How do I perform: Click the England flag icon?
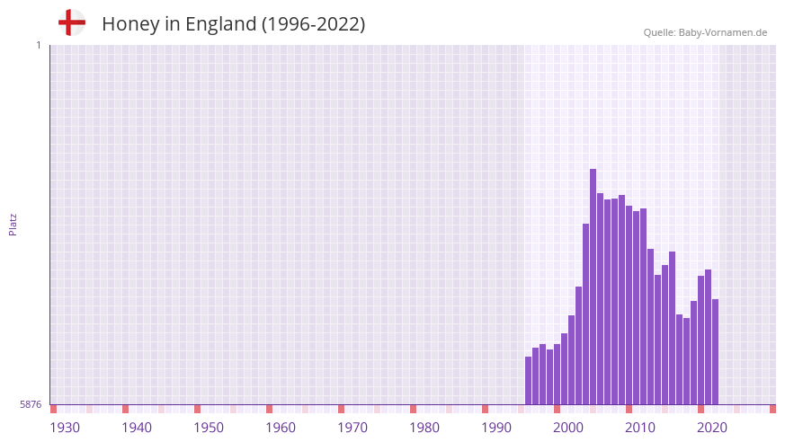[x=72, y=23]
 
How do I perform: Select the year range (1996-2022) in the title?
[x=313, y=24]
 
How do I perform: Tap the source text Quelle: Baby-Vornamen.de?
[x=705, y=32]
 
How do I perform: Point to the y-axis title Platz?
[x=13, y=224]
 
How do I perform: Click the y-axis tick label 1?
[x=38, y=45]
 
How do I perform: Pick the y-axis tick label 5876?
[x=31, y=405]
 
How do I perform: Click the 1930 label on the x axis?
[x=65, y=428]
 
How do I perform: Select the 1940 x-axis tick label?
[x=137, y=428]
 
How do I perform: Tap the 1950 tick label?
[x=209, y=428]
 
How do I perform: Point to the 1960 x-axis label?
[x=281, y=428]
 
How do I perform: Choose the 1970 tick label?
[x=352, y=428]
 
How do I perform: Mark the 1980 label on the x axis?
[x=424, y=428]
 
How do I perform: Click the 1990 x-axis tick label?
[x=496, y=428]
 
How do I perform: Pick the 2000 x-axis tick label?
[x=568, y=428]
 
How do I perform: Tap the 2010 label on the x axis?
[x=640, y=428]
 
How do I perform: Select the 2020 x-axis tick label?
[x=712, y=428]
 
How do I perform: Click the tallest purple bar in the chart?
[x=593, y=287]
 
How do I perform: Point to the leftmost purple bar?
[x=528, y=381]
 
